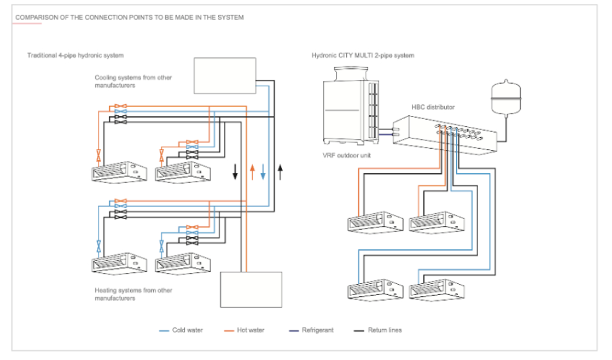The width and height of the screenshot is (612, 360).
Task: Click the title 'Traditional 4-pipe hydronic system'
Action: tap(75, 56)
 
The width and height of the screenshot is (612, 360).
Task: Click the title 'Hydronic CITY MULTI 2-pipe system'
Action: tap(363, 56)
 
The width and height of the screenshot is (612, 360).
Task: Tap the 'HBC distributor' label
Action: tap(433, 107)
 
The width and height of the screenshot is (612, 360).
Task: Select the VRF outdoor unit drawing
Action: tap(351, 106)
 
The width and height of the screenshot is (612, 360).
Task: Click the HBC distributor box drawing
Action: tap(443, 134)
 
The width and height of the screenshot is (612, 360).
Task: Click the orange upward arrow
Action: tap(252, 172)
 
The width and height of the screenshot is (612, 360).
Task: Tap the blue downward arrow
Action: tap(263, 172)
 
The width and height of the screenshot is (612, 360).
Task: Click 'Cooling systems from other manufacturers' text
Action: tap(133, 82)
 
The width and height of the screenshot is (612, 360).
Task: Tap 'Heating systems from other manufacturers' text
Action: tap(133, 294)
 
